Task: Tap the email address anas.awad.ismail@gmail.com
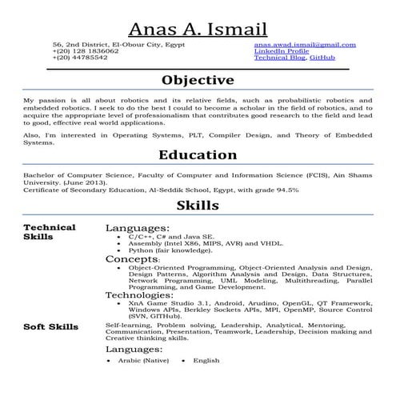click(x=305, y=45)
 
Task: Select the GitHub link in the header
click(x=322, y=58)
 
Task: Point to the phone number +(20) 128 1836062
click(x=86, y=51)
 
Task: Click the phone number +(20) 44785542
click(x=80, y=58)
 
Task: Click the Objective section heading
click(x=198, y=80)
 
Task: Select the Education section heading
click(x=198, y=154)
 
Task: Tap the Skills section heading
click(x=198, y=206)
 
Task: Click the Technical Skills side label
click(x=50, y=232)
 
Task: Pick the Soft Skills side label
click(x=51, y=327)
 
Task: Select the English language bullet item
click(x=206, y=361)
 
